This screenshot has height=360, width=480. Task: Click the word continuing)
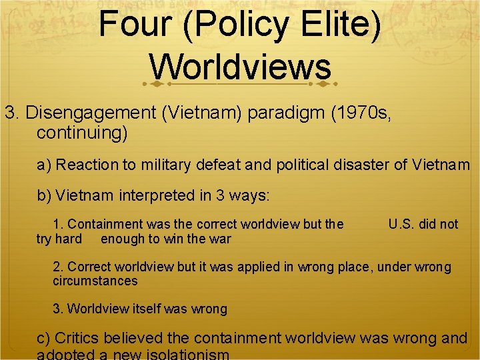coord(82,133)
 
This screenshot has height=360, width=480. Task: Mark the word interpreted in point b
coord(152,196)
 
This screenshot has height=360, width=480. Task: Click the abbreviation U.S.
coord(403,225)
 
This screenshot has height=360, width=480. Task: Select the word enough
coord(121,239)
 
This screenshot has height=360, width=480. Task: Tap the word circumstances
coord(95,281)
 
